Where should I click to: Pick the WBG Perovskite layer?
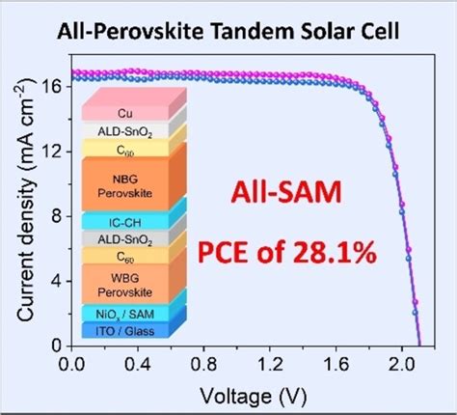(137, 286)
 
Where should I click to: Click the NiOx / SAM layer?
(137, 314)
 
